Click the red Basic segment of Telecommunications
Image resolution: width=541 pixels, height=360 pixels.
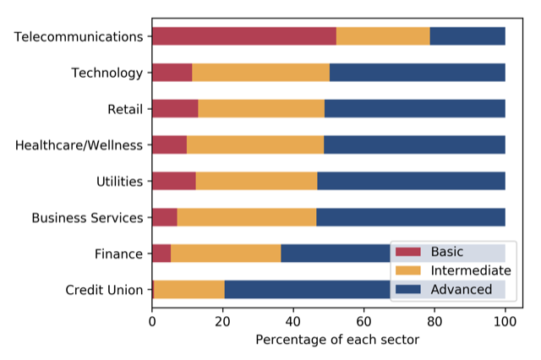pos(243,36)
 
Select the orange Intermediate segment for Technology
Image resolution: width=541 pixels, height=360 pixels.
pos(260,72)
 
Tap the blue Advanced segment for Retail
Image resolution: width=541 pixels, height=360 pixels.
pos(414,108)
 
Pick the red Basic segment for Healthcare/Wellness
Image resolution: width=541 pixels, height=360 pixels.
pos(169,145)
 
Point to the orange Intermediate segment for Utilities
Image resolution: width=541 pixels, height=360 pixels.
pos(256,181)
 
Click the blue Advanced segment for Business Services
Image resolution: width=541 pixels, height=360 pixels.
pos(411,217)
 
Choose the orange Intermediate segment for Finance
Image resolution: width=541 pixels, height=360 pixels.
pos(226,253)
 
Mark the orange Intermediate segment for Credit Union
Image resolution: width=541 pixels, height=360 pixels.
pos(189,289)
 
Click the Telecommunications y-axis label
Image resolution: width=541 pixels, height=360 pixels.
pos(79,36)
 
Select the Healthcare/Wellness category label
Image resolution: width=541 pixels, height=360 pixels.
pos(79,145)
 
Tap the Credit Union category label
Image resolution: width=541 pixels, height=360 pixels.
pos(104,290)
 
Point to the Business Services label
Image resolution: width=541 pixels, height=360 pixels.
pos(87,217)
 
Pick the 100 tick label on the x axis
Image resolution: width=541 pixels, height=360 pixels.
pos(505,320)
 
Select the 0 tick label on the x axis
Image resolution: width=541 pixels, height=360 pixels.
pos(152,320)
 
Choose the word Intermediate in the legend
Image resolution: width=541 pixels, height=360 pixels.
pos(471,270)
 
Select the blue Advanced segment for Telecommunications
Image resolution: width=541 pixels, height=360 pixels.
pos(467,36)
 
